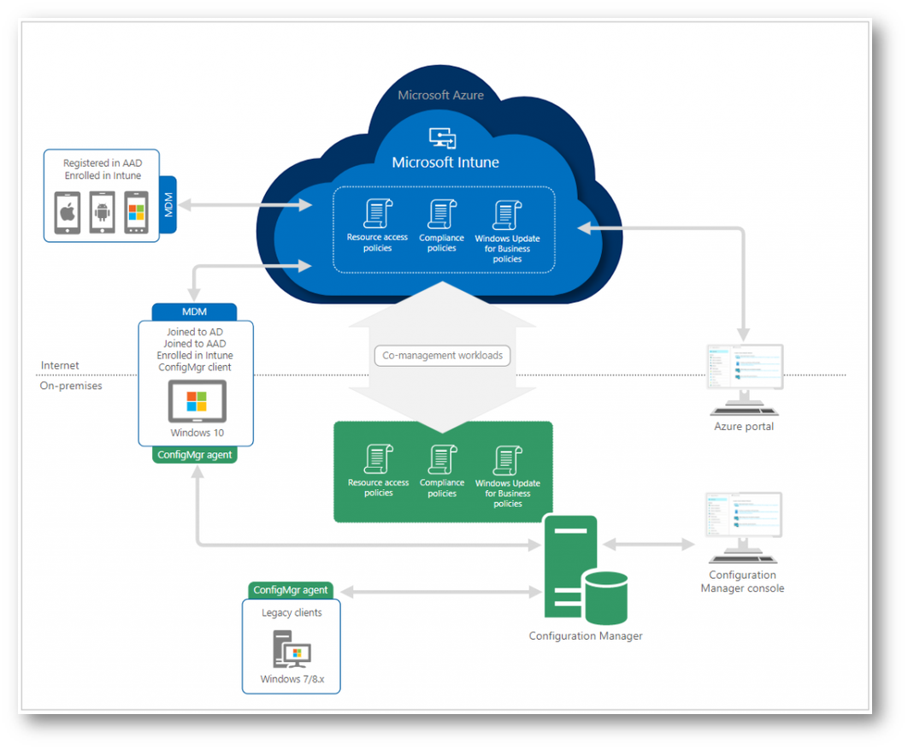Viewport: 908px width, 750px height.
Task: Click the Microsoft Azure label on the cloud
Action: (x=440, y=95)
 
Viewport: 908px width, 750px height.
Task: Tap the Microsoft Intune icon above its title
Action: (x=443, y=137)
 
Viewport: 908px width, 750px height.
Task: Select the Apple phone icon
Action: (x=68, y=213)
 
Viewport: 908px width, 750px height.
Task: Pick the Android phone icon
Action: (x=103, y=213)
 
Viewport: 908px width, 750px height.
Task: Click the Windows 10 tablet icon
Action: (x=197, y=402)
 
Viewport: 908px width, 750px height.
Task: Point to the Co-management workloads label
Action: (x=443, y=355)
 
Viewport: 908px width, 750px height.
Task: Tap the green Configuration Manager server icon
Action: (x=586, y=570)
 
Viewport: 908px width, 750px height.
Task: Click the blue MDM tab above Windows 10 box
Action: (x=194, y=311)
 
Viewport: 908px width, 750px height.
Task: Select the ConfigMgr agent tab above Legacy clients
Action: (x=291, y=590)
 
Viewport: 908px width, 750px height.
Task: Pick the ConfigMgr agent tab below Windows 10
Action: (x=194, y=455)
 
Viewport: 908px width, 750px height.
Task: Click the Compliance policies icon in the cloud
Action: (x=442, y=215)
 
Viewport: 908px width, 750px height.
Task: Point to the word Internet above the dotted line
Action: (x=60, y=365)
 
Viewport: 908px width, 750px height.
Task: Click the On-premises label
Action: (x=71, y=386)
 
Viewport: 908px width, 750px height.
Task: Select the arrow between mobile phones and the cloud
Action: (x=245, y=205)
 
